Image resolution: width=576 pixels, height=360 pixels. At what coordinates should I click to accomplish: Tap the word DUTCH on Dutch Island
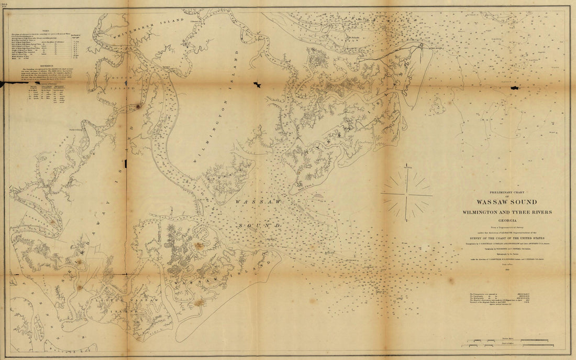[121, 79]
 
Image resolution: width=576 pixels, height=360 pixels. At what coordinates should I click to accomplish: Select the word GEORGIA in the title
[506, 221]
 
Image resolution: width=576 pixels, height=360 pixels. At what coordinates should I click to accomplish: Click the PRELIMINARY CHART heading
[506, 192]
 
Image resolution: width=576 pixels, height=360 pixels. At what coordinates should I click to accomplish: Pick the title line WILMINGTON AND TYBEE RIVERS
[506, 212]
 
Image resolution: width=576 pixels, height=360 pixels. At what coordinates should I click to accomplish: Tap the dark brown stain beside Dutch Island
[138, 106]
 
